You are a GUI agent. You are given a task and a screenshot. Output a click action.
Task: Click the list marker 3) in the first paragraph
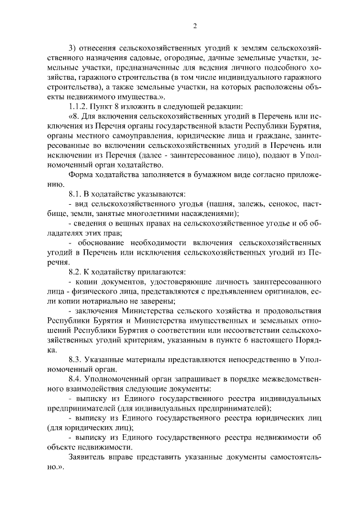coord(71,50)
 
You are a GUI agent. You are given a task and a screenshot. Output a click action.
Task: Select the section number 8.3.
coord(76,359)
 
